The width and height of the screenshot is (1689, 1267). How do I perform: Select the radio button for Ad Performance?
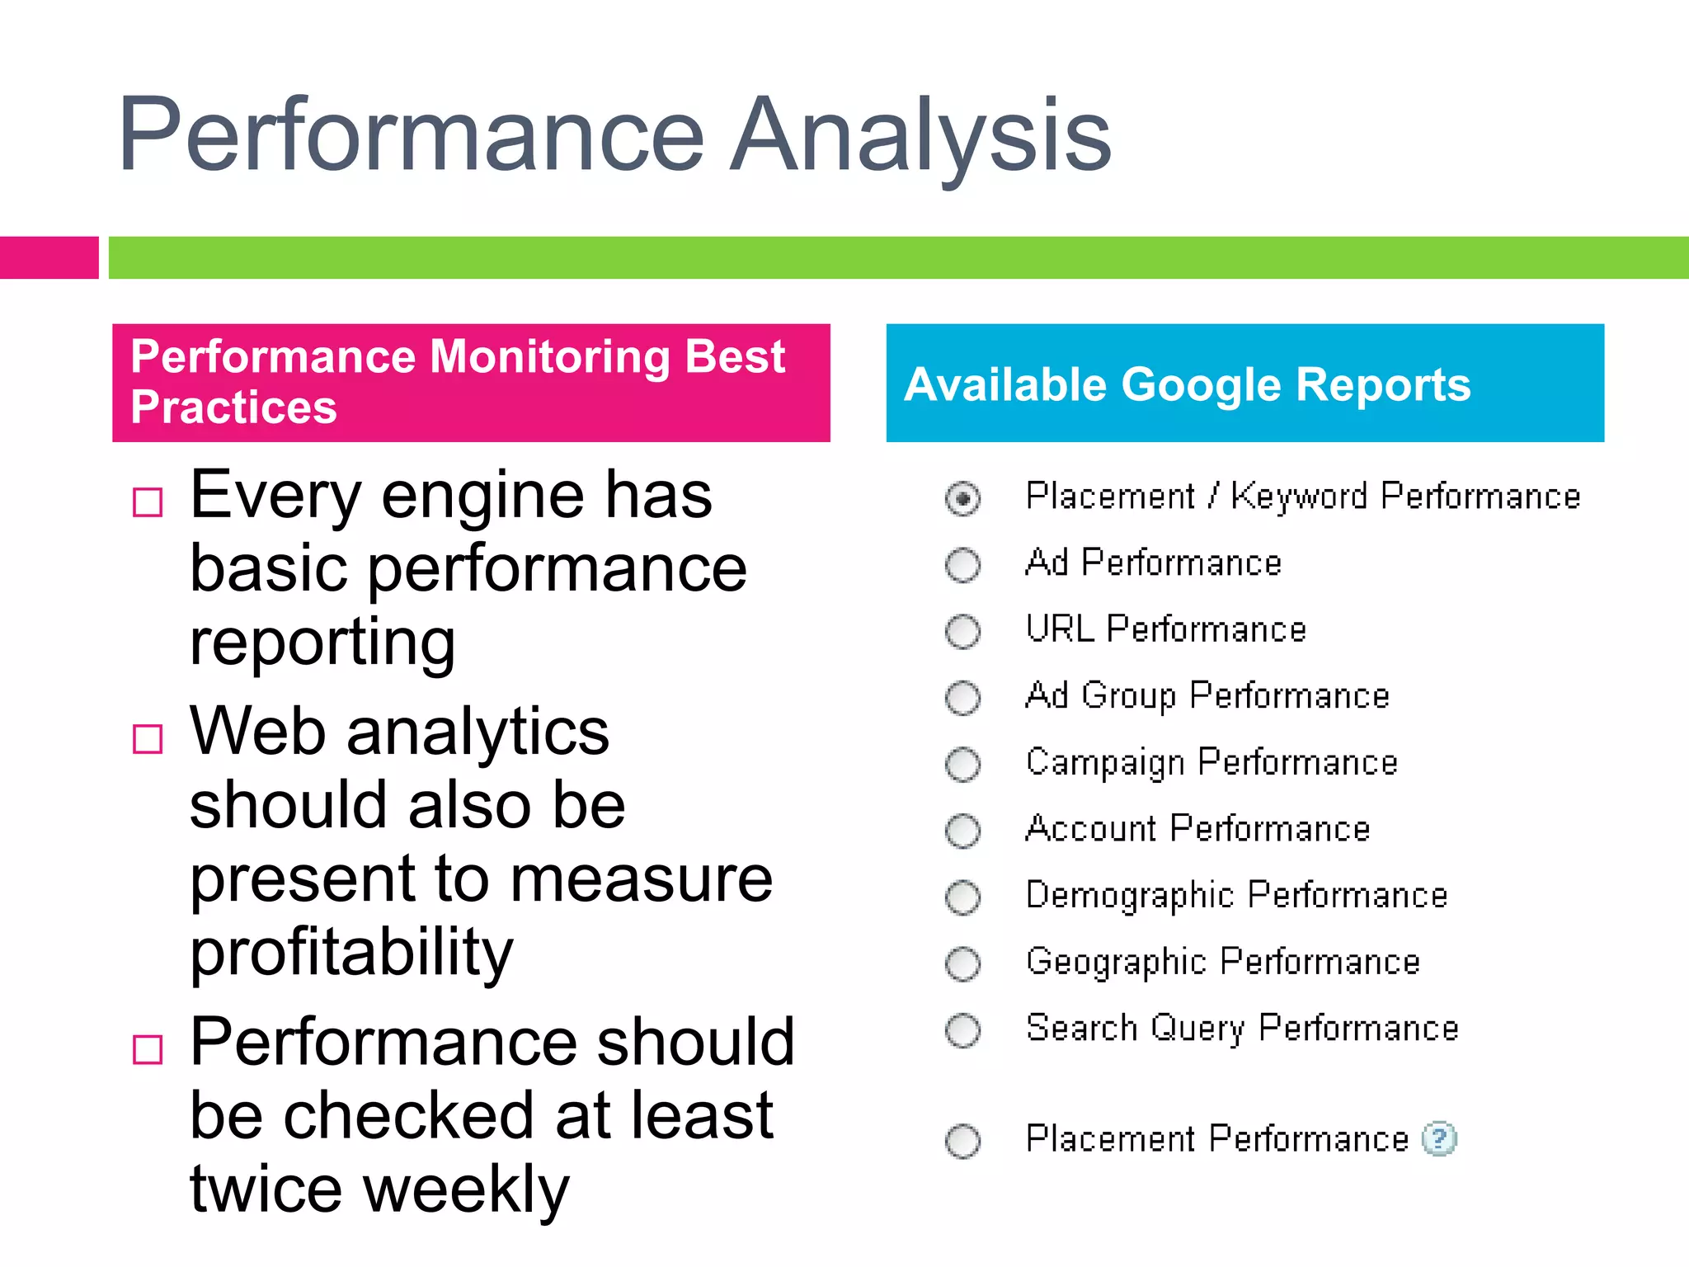[962, 565]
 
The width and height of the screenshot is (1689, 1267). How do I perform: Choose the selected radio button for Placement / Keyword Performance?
[962, 498]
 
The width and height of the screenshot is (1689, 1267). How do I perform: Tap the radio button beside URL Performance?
[962, 632]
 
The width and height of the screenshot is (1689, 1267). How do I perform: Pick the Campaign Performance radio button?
[962, 765]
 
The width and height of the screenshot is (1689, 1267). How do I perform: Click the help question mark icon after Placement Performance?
[1439, 1139]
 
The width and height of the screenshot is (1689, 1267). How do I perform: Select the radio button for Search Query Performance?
[962, 1030]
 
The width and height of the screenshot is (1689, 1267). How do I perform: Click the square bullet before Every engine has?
[148, 502]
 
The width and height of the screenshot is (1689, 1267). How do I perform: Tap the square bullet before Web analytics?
[148, 738]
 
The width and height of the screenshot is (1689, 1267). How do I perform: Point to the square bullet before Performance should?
[148, 1049]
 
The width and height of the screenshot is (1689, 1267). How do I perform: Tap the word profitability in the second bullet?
[351, 953]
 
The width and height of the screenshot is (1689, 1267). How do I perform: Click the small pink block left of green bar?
[49, 257]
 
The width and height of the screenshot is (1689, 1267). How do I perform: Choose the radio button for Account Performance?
[962, 831]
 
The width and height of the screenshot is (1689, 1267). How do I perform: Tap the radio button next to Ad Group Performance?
[962, 698]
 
